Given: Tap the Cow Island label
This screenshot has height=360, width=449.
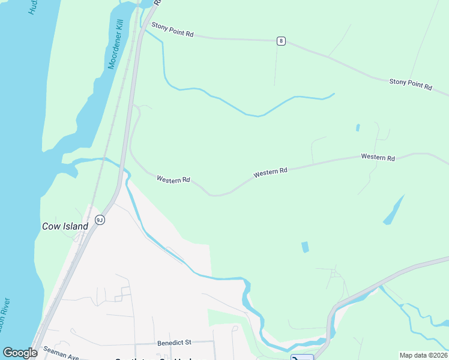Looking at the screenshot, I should click(65, 226).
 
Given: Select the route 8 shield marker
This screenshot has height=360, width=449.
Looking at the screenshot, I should click(281, 41).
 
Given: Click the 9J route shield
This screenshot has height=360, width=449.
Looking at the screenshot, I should click(100, 220).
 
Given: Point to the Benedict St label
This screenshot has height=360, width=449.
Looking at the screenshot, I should click(174, 343).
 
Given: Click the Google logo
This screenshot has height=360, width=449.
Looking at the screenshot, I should click(20, 353).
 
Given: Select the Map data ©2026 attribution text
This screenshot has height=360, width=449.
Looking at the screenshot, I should click(423, 355).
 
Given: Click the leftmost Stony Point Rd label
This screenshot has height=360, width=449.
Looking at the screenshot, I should click(172, 29).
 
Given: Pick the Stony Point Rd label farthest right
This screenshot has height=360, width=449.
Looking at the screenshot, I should click(411, 83).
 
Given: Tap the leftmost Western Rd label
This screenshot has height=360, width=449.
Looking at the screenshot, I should click(173, 179).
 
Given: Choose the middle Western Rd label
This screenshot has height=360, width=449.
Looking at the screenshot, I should click(270, 172).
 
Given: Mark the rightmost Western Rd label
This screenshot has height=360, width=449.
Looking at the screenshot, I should click(378, 157).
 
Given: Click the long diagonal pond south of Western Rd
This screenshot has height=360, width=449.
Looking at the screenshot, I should click(394, 210).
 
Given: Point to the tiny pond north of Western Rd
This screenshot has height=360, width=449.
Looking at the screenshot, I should click(358, 127).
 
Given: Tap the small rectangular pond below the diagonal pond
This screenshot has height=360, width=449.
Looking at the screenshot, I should click(305, 247).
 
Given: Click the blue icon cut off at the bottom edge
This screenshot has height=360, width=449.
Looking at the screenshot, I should click(302, 357).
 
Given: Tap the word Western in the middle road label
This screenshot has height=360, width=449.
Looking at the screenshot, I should click(264, 173).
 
